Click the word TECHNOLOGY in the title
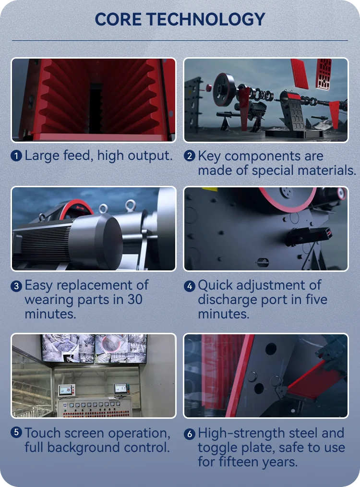coord(206,19)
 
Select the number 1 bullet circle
coord(17,156)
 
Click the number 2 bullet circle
coord(190,156)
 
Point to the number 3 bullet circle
coord(17,286)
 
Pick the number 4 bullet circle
coord(190,286)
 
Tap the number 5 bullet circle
coord(17,433)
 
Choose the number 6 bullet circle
coord(190,434)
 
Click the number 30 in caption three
coord(135,300)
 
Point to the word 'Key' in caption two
coord(209,156)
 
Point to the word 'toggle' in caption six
coord(217,448)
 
